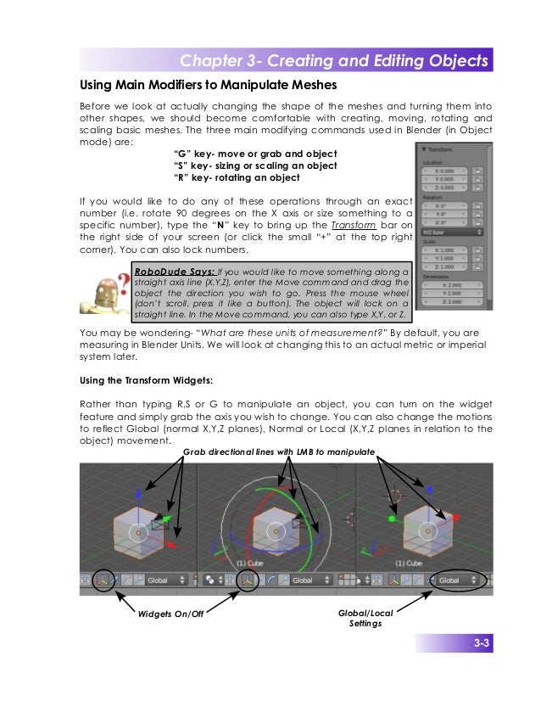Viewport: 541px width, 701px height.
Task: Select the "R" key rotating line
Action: click(x=236, y=177)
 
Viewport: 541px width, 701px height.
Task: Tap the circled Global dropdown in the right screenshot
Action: click(x=456, y=581)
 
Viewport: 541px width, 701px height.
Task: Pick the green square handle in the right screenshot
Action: click(x=392, y=518)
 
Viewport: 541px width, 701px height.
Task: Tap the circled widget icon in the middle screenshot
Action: click(x=248, y=581)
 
